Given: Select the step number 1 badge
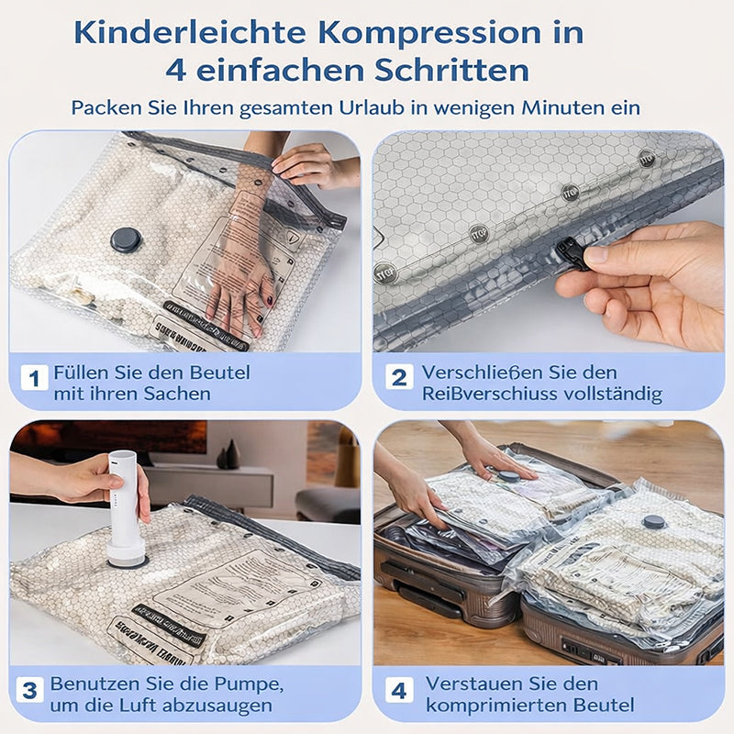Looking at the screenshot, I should click(x=33, y=377).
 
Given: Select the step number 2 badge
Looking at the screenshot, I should click(x=398, y=377).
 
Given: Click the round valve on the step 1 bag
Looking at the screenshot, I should click(x=126, y=240).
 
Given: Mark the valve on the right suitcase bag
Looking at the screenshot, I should click(x=653, y=522).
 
